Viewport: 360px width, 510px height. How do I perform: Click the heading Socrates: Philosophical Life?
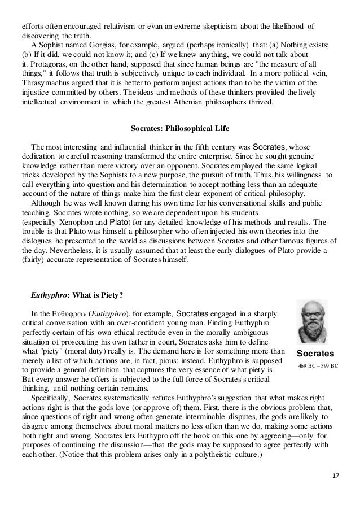tap(179, 129)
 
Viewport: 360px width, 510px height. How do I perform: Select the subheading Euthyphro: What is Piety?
tap(82, 294)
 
